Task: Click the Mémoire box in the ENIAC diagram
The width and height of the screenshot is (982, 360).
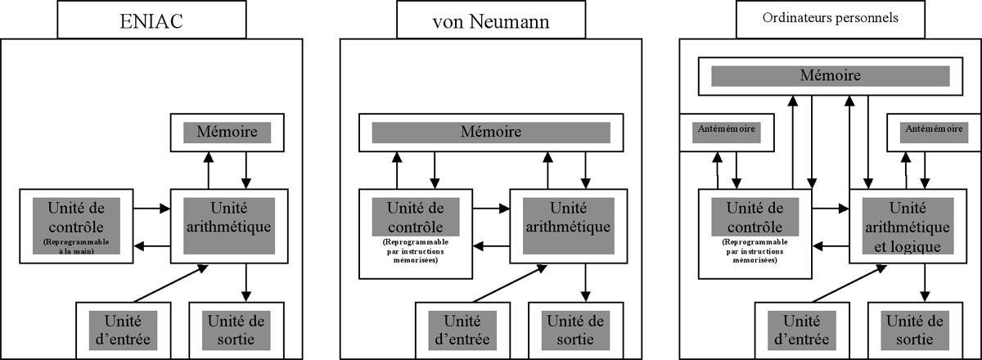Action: tap(227, 130)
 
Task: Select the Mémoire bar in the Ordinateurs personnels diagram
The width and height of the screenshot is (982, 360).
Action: tap(830, 76)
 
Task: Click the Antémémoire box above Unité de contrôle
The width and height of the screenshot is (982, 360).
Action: tap(727, 129)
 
